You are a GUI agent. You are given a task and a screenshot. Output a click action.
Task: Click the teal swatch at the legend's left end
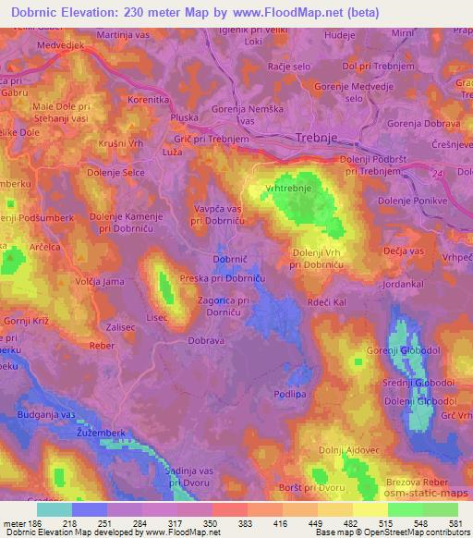pyautogui.click(x=55, y=509)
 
